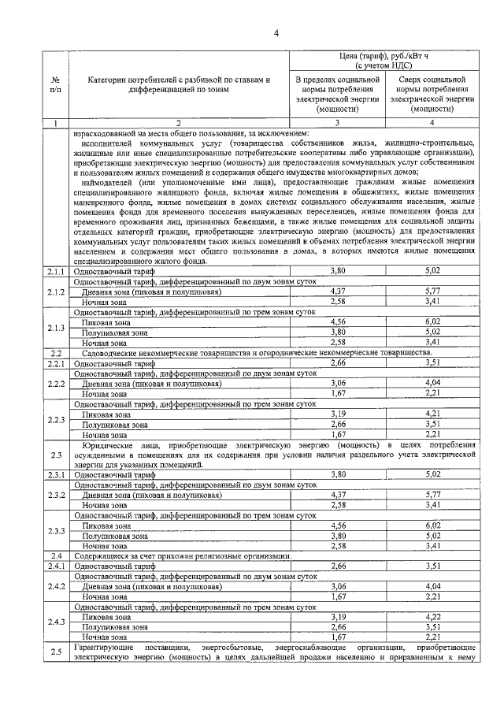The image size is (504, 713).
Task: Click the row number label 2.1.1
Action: tap(55, 293)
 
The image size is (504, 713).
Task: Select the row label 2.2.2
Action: tap(55, 384)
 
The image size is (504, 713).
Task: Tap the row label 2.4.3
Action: tap(55, 622)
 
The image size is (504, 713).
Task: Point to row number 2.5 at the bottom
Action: tap(55, 652)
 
